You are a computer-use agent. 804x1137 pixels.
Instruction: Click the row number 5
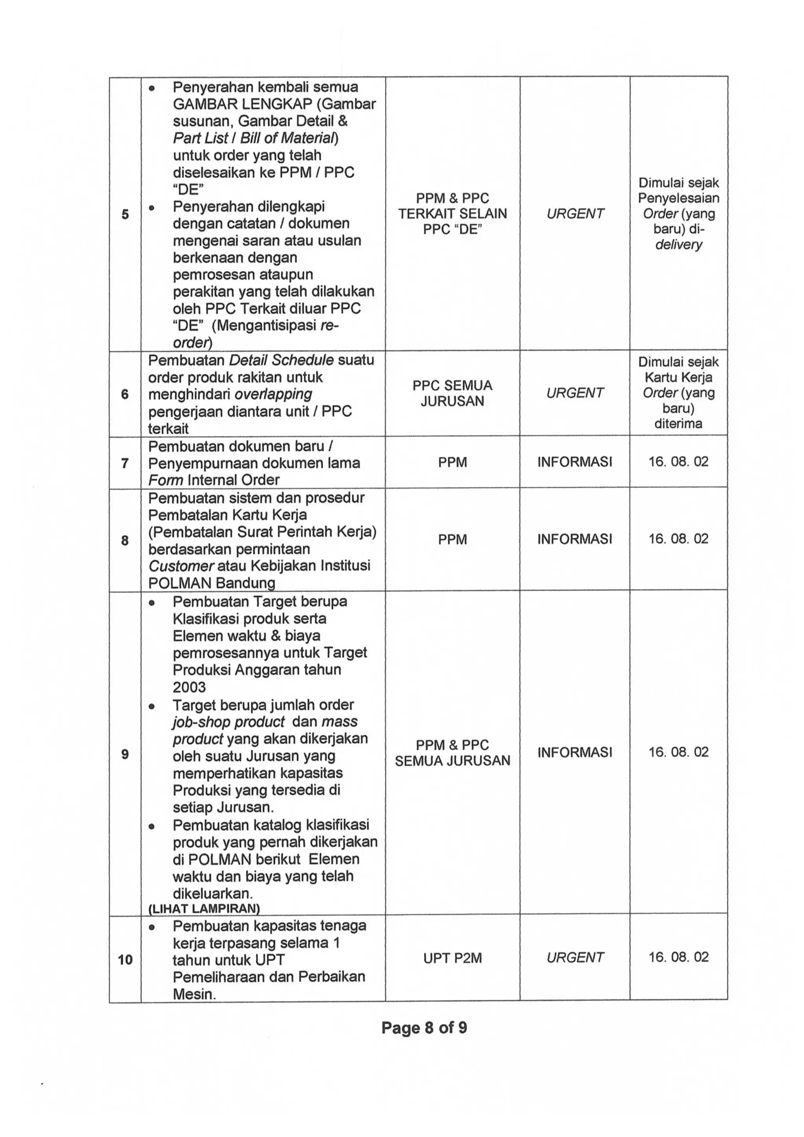pyautogui.click(x=125, y=214)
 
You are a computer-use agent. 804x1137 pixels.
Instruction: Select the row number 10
pyautogui.click(x=125, y=960)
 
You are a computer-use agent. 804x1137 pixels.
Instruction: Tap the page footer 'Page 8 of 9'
pyautogui.click(x=424, y=1027)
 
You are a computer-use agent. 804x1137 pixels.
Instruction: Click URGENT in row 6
pyautogui.click(x=575, y=393)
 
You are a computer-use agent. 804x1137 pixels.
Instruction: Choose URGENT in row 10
pyautogui.click(x=575, y=958)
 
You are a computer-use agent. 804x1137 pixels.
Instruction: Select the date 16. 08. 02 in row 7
pyautogui.click(x=678, y=462)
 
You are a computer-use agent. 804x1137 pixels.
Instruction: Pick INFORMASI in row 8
pyautogui.click(x=575, y=539)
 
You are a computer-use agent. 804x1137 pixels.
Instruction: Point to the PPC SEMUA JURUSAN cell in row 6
pyautogui.click(x=452, y=393)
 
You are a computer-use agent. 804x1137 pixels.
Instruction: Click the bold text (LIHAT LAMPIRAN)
pyautogui.click(x=204, y=908)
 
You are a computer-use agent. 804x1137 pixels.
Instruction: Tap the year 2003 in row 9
pyautogui.click(x=189, y=687)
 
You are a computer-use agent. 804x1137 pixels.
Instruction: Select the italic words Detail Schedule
pyautogui.click(x=282, y=360)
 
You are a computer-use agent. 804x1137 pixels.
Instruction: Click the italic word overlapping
pyautogui.click(x=273, y=394)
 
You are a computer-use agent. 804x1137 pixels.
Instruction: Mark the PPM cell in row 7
pyautogui.click(x=452, y=462)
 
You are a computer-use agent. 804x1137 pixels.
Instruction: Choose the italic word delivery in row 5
pyautogui.click(x=678, y=245)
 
